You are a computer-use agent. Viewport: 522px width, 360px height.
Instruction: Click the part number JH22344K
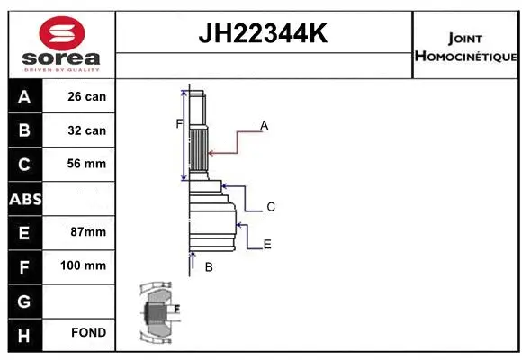point(263,34)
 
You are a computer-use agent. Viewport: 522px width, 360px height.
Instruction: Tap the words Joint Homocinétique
point(465,47)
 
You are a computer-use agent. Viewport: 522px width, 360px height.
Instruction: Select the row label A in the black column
point(24,96)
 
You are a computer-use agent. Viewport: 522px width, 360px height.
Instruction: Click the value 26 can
point(87,96)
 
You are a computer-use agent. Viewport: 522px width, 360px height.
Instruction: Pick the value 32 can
point(87,130)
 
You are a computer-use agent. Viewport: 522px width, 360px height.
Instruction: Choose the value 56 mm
point(87,164)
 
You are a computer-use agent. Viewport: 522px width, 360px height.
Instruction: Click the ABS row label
point(24,198)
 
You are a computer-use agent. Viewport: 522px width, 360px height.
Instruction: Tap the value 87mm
point(88,231)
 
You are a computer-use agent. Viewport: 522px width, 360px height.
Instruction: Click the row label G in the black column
point(24,299)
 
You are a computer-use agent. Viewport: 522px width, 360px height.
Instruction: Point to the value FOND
point(88,333)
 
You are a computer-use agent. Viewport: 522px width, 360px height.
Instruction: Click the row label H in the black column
point(24,333)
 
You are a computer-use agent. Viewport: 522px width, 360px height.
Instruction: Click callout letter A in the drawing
point(265,126)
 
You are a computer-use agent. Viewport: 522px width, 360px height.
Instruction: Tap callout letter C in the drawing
point(270,207)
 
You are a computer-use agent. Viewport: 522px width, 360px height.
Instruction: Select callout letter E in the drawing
point(267,244)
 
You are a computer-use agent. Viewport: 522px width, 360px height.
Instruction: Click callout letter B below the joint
point(208,267)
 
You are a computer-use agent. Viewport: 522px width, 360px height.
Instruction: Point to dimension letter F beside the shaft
point(179,124)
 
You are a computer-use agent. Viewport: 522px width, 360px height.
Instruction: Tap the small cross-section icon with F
point(157,312)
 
